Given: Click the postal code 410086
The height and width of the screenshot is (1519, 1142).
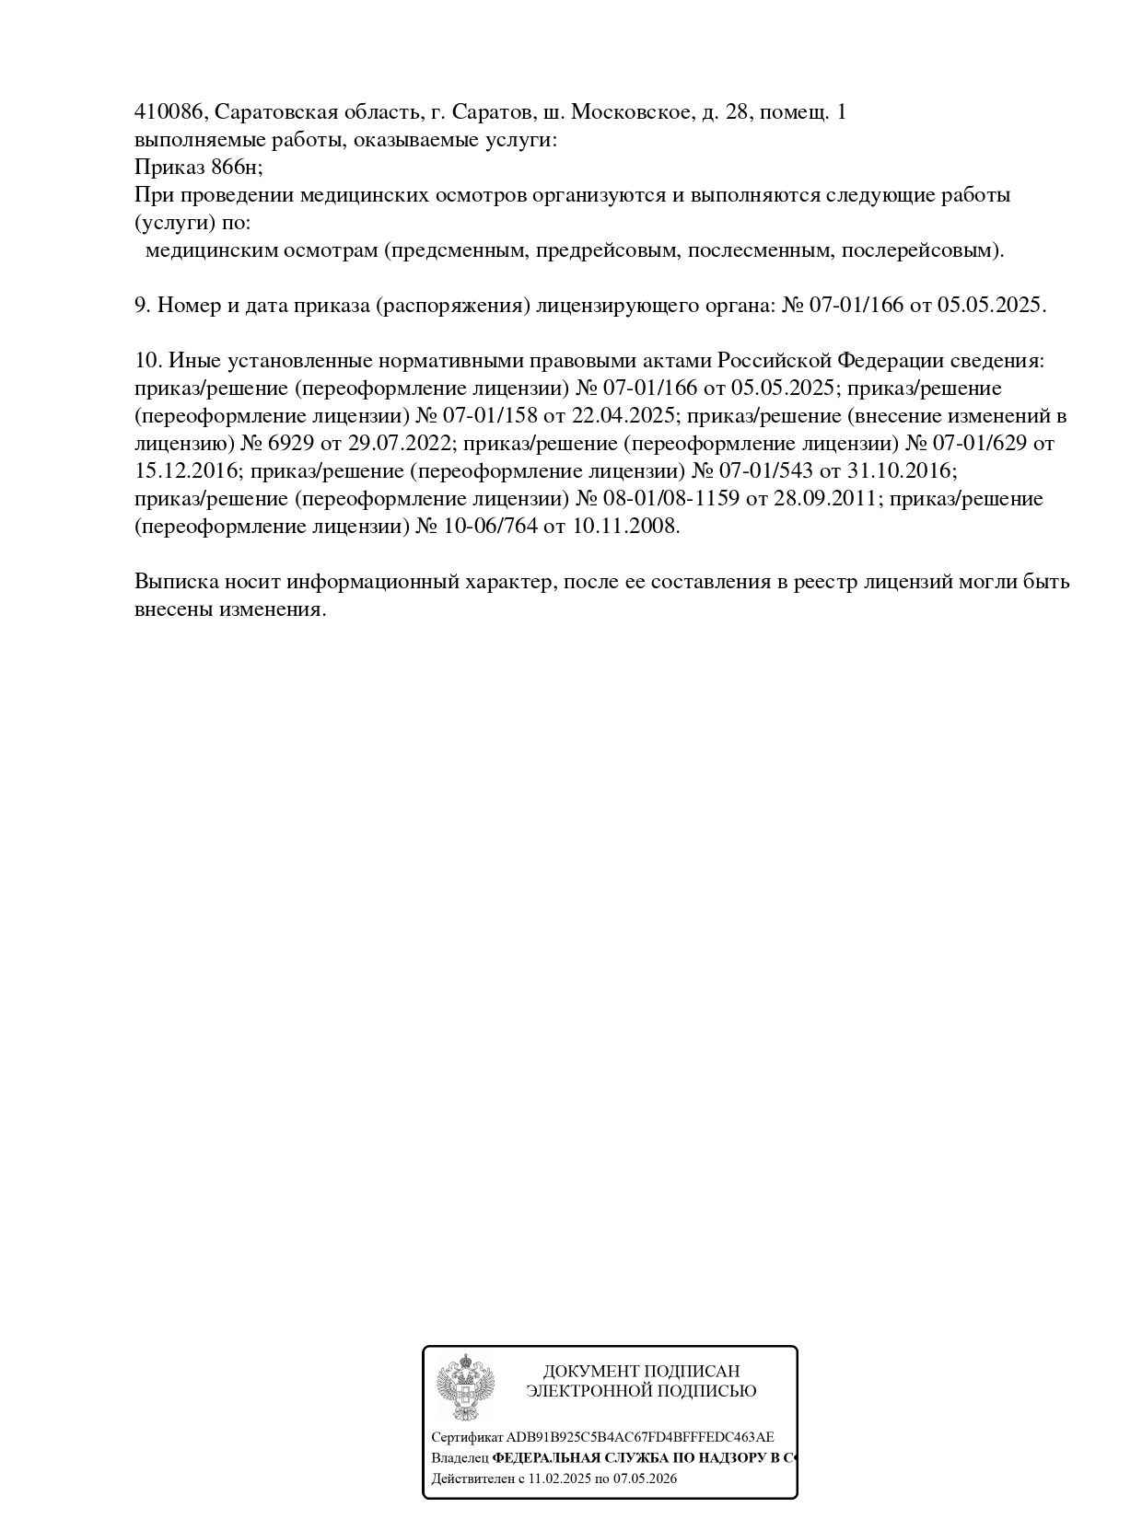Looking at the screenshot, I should pos(170,112).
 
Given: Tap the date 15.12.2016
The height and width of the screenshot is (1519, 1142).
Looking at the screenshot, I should pos(188,471).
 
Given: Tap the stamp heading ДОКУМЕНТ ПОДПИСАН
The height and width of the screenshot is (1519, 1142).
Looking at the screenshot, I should pos(641,1372).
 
